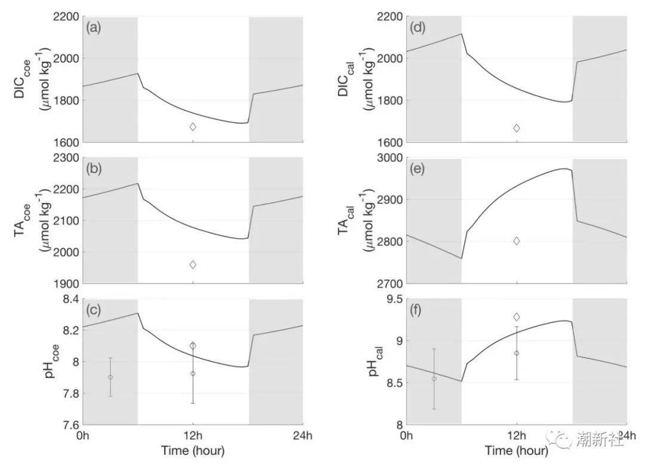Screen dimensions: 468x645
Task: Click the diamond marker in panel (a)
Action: pos(193,127)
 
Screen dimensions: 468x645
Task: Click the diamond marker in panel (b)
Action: pos(193,264)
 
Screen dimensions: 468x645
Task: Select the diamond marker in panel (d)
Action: pos(517,128)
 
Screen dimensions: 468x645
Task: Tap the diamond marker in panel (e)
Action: pos(517,241)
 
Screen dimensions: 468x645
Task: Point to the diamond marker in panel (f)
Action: pos(517,317)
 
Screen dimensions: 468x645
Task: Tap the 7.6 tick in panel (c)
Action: pos(70,425)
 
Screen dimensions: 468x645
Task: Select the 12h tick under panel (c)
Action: pos(193,435)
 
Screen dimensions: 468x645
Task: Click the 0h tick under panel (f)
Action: pos(407,435)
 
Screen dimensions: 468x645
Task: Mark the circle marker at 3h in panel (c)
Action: pos(110,377)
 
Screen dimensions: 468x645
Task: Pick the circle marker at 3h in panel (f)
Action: pos(434,378)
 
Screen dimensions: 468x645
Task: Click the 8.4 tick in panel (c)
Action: pos(70,300)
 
